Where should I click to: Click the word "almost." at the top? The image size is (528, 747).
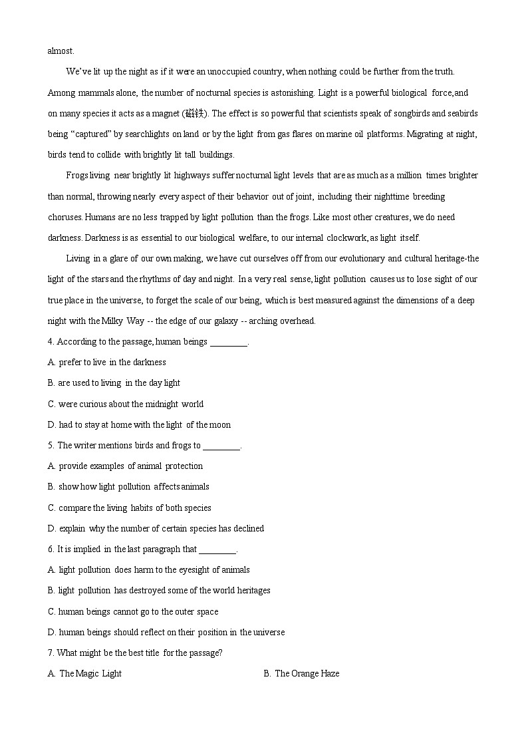point(61,51)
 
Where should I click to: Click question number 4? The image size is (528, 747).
point(51,342)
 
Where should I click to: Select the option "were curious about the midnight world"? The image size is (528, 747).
point(126,404)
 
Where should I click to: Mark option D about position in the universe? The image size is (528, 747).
point(166,632)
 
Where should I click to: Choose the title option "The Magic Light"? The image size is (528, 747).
point(85,674)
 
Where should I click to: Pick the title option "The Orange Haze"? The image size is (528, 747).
point(301,674)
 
